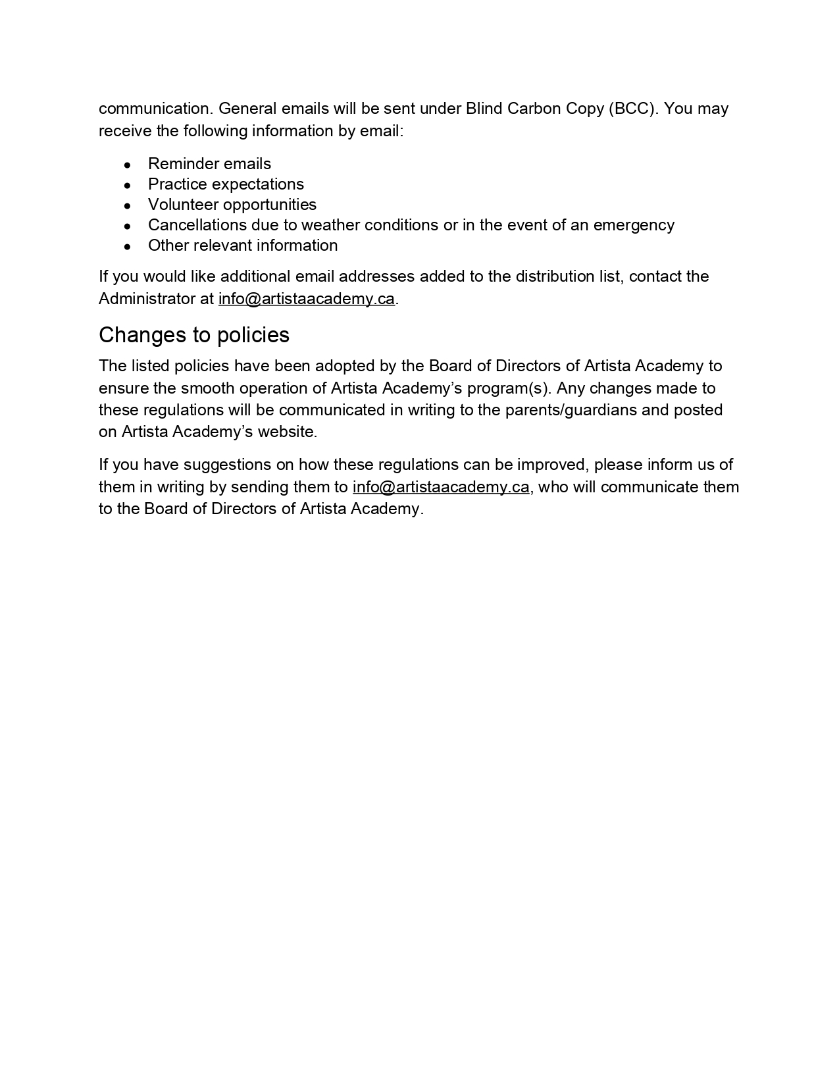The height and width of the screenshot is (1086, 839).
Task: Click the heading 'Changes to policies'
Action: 194,335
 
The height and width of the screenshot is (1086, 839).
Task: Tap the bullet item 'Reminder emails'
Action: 209,164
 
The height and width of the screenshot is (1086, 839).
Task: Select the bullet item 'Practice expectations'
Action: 226,184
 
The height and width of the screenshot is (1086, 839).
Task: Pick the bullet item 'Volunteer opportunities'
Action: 232,205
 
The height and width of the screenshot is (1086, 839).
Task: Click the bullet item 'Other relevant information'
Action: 243,246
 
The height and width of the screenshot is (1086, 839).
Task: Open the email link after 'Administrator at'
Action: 307,299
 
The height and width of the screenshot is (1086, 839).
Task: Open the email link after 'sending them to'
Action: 441,487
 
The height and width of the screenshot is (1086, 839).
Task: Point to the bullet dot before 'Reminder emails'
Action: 128,165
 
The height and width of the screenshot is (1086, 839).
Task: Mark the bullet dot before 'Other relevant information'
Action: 128,247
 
